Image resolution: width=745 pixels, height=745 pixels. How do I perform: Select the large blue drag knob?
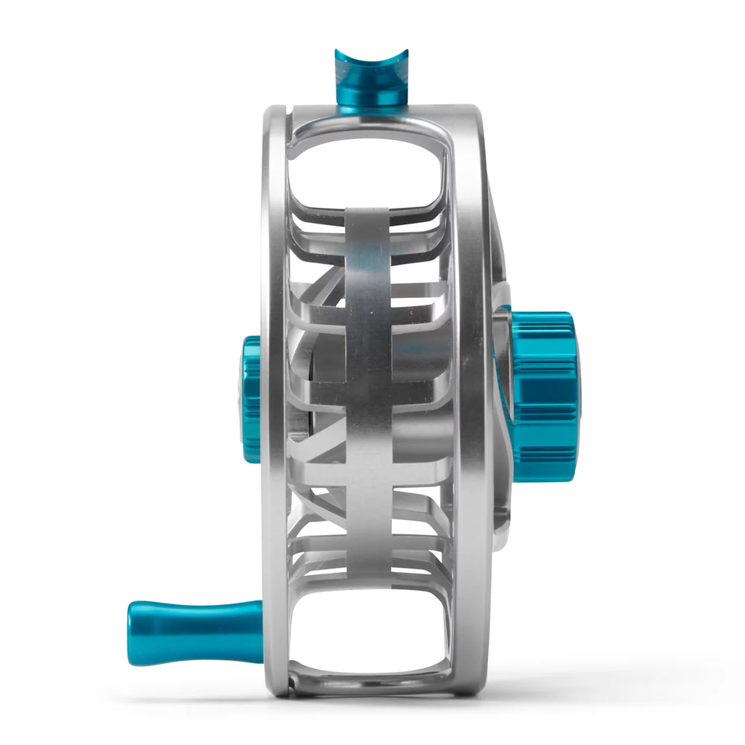[x=542, y=395]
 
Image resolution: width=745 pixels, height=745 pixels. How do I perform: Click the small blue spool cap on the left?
[x=251, y=398]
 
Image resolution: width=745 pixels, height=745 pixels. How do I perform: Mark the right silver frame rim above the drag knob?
[x=474, y=209]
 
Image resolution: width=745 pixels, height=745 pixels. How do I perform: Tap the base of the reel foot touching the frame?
[x=372, y=108]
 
